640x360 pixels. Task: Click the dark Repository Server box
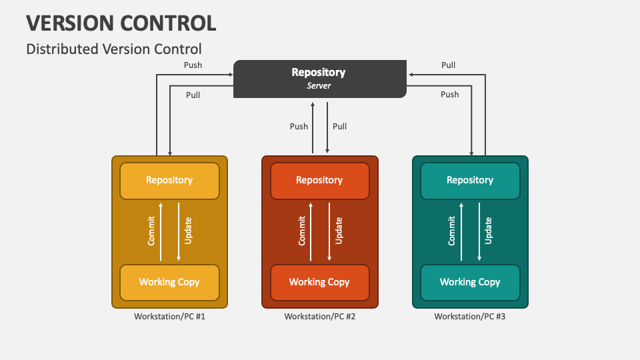click(319, 79)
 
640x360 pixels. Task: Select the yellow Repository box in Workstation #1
click(169, 181)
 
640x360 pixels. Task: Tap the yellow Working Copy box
click(169, 283)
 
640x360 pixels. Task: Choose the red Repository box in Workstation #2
click(319, 181)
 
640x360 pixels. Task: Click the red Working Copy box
click(319, 283)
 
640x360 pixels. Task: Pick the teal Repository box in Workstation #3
click(470, 181)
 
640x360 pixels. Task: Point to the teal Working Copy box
click(470, 283)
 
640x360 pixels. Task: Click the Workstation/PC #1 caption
click(169, 316)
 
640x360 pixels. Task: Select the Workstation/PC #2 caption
click(319, 316)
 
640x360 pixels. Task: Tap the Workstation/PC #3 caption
click(470, 316)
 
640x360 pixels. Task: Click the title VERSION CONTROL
click(121, 23)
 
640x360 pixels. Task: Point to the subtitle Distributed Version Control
click(114, 49)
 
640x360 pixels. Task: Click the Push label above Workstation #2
click(299, 127)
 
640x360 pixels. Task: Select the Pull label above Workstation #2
click(339, 127)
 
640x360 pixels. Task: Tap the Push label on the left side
click(193, 65)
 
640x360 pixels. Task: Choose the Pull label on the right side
click(448, 65)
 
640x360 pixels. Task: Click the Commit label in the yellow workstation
click(151, 231)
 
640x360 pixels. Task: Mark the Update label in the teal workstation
click(488, 231)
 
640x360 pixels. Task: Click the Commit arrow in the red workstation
click(311, 232)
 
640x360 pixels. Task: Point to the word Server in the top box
click(319, 86)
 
